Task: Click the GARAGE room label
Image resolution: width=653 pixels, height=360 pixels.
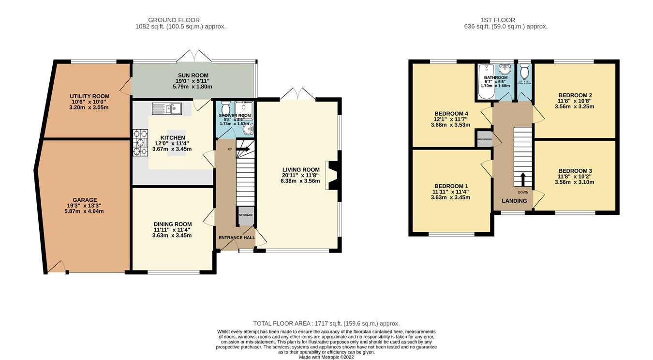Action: pos(85,200)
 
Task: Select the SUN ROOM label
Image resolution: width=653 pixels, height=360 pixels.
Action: pos(193,75)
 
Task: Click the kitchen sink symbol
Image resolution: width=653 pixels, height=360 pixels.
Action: pos(166,109)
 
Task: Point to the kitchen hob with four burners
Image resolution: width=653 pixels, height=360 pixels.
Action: pos(140,143)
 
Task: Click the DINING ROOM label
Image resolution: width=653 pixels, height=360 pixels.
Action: pos(173,224)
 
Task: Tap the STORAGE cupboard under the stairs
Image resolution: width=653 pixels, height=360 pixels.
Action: pos(246,216)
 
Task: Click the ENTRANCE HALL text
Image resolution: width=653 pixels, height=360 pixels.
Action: pos(236,238)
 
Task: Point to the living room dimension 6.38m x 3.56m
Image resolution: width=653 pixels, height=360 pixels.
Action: pos(301,181)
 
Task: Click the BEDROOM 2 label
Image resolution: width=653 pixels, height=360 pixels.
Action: pos(575,95)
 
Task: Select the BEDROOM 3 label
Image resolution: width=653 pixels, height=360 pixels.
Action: pos(575,171)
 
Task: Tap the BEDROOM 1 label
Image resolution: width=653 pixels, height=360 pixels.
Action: pos(451,186)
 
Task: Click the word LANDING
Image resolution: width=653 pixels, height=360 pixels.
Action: pos(514,201)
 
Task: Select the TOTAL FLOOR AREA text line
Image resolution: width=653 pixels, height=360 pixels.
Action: pos(326,323)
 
